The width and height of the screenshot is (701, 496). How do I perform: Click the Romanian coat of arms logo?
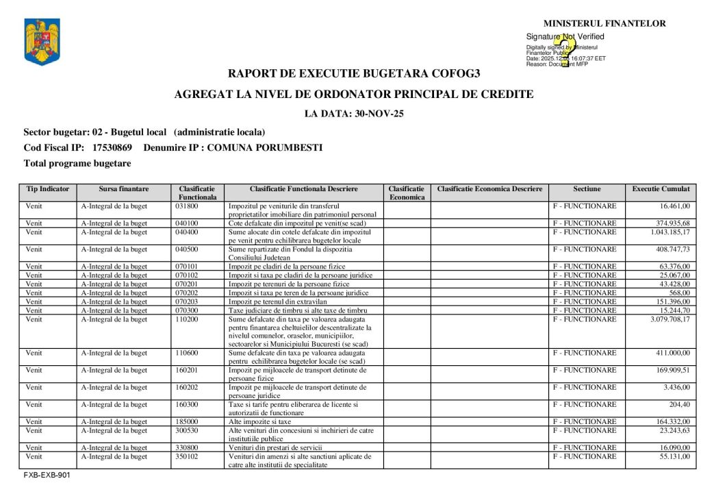tap(42, 42)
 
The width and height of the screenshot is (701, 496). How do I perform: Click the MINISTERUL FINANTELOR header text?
tap(604, 23)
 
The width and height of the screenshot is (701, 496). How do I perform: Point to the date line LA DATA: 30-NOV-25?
tap(354, 114)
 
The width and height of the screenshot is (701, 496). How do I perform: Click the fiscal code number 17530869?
tap(112, 147)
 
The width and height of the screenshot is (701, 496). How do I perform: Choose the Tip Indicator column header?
tap(47, 188)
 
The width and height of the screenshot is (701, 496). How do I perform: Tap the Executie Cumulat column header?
tap(661, 188)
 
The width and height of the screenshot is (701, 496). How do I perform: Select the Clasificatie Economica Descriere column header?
tap(489, 188)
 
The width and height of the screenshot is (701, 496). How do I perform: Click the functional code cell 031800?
tap(187, 206)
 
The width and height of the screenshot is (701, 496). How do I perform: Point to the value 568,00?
tap(676, 293)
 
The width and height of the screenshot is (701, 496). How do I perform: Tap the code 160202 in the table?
tap(187, 388)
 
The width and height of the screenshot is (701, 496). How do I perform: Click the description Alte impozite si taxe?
tap(260, 422)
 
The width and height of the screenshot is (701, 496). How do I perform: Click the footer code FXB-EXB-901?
tap(47, 474)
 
